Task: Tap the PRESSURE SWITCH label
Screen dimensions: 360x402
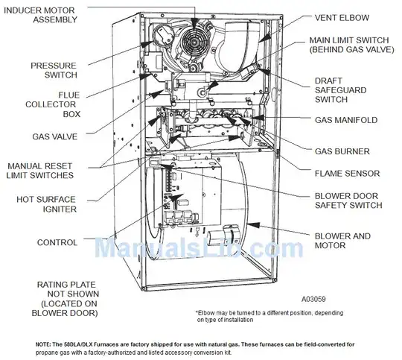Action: point(53,71)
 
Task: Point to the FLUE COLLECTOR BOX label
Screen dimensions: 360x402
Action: point(58,105)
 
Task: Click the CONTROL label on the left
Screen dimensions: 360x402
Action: point(57,242)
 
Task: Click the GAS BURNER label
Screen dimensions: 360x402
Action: point(342,151)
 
